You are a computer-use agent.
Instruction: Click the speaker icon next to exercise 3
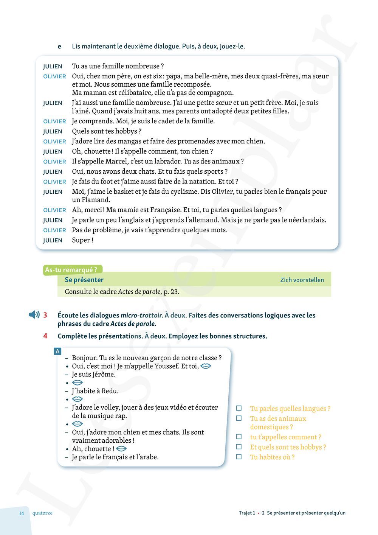coord(34,314)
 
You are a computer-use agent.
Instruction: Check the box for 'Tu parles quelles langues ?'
coord(239,408)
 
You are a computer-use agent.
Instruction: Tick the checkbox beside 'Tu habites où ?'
coord(239,457)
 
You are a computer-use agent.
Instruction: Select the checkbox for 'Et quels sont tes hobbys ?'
coord(239,447)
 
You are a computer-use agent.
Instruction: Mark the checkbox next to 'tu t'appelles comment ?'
coord(239,437)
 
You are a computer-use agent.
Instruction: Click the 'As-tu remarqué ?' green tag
coord(71,270)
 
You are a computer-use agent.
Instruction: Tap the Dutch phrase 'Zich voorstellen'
coord(302,280)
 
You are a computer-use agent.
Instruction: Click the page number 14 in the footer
coord(22,513)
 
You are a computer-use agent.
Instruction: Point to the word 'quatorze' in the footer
coord(42,513)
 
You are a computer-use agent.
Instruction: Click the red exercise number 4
coord(45,336)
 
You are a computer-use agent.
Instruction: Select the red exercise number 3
coord(45,315)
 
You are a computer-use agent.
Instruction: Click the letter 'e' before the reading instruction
coord(59,47)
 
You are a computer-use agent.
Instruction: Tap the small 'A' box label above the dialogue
coord(57,351)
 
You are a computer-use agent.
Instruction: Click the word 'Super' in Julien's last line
coord(81,240)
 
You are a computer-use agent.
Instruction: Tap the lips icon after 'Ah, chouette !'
coord(121,449)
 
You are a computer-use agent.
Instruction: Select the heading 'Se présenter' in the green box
coord(84,280)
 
